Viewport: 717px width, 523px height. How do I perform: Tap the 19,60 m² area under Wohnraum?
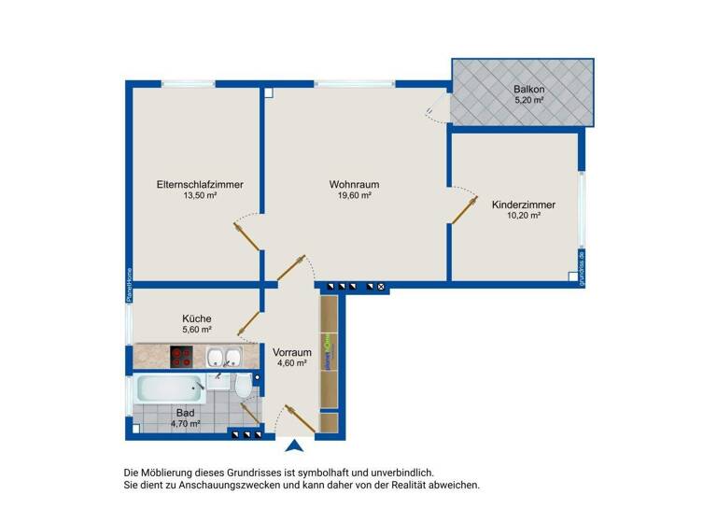click(x=354, y=196)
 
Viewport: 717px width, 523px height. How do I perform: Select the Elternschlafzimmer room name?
click(x=200, y=185)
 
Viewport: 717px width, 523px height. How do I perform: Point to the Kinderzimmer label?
click(x=524, y=205)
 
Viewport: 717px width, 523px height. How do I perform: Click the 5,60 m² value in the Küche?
click(x=196, y=330)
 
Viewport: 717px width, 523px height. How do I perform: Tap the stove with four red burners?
click(x=182, y=356)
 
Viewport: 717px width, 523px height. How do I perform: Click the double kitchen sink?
click(x=223, y=356)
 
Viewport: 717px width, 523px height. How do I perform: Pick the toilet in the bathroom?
click(x=243, y=387)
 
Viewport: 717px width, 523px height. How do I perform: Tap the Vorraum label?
click(x=291, y=352)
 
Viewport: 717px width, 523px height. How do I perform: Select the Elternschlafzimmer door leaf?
click(x=247, y=237)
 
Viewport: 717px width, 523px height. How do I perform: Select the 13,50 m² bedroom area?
click(x=200, y=196)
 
